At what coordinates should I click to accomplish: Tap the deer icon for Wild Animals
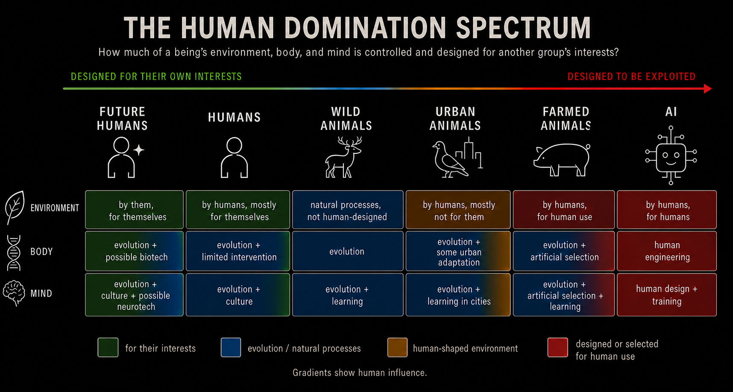(344, 157)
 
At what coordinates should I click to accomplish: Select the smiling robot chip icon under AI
(671, 156)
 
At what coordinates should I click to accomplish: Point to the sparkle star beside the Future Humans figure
(138, 150)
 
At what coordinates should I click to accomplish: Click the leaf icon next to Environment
(15, 208)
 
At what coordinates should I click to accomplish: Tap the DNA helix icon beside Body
(14, 252)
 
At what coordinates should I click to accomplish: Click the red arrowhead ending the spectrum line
(708, 88)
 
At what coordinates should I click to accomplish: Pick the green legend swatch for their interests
(108, 348)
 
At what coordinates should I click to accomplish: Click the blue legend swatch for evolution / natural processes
(231, 348)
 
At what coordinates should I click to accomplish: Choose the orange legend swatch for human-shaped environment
(397, 348)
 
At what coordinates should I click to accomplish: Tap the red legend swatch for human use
(558, 348)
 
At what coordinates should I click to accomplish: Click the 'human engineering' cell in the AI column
(667, 251)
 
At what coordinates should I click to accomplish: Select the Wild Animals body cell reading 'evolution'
(348, 251)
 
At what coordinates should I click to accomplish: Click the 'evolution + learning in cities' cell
(458, 295)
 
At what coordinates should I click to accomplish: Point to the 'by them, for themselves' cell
(135, 210)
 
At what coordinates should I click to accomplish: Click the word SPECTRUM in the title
(524, 28)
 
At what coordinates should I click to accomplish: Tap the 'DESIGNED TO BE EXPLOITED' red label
(631, 77)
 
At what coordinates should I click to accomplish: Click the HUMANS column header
(235, 118)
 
